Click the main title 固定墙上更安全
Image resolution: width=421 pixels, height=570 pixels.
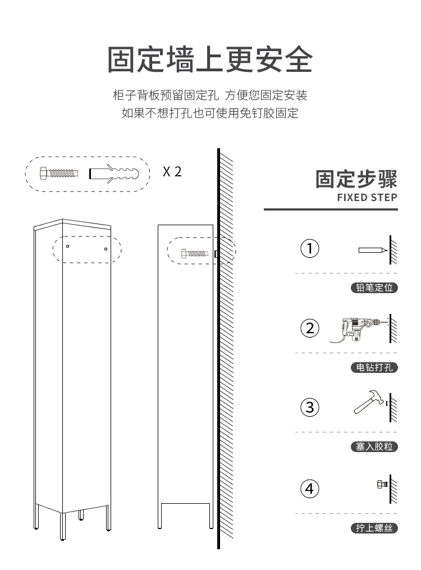pyautogui.click(x=210, y=60)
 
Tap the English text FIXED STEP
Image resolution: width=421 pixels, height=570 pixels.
pyautogui.click(x=367, y=197)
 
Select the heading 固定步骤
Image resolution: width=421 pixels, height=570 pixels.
pyautogui.click(x=356, y=179)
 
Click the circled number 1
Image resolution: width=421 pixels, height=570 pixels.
pyautogui.click(x=310, y=249)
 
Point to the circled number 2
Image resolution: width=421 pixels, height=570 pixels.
pyautogui.click(x=310, y=329)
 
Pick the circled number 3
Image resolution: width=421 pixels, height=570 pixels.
pyautogui.click(x=310, y=408)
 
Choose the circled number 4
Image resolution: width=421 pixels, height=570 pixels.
pyautogui.click(x=310, y=489)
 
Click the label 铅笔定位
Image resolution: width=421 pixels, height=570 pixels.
pyautogui.click(x=374, y=288)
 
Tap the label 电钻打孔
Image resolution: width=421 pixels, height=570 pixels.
pyautogui.click(x=374, y=367)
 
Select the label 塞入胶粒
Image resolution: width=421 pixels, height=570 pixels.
pyautogui.click(x=374, y=447)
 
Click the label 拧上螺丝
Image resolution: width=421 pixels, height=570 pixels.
pyautogui.click(x=374, y=528)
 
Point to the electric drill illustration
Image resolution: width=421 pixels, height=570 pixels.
pyautogui.click(x=358, y=329)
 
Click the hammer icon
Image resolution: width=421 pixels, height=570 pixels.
pyautogui.click(x=369, y=402)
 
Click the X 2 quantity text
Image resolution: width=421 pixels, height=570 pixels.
pyautogui.click(x=172, y=172)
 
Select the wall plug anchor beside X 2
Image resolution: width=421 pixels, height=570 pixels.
pyautogui.click(x=114, y=174)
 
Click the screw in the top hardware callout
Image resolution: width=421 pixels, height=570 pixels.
pyautogui.click(x=59, y=173)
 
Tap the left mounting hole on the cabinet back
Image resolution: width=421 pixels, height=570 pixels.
pyautogui.click(x=67, y=246)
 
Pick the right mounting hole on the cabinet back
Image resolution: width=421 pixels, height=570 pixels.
pyautogui.click(x=106, y=249)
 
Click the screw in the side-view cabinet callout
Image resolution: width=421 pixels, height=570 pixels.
pyautogui.click(x=195, y=253)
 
